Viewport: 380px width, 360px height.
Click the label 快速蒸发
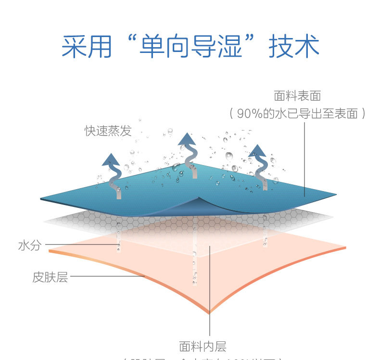108,131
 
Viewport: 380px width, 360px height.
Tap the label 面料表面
297,96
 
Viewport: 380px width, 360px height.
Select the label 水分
30,246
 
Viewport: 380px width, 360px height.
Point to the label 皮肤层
50,277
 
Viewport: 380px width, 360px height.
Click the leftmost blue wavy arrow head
111,159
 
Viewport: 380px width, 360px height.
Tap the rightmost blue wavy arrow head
258,150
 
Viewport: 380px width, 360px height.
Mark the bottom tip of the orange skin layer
210,312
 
